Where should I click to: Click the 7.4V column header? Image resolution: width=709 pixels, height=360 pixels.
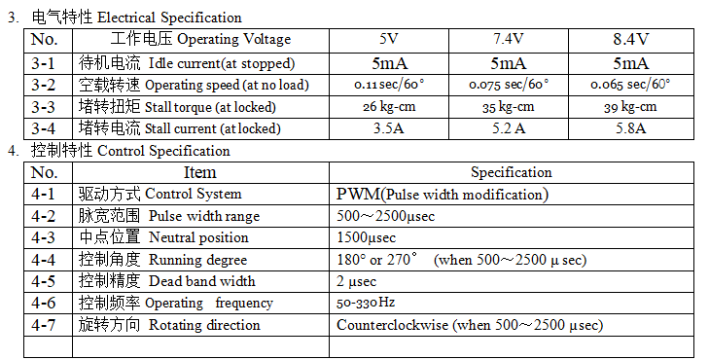508,39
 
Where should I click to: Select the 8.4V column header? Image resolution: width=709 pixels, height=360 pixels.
631,39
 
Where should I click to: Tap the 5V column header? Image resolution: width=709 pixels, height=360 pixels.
389,39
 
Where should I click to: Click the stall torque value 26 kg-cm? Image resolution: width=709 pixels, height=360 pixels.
389,107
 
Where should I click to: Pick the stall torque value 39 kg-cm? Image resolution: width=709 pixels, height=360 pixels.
630,108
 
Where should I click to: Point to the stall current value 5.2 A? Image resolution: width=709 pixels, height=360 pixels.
509,128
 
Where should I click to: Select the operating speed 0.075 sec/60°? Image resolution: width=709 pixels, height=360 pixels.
509,85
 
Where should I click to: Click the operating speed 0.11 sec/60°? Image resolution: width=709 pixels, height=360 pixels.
389,85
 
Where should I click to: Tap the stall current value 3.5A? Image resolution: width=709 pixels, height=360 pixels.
389,128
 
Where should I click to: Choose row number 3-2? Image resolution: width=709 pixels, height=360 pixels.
43,85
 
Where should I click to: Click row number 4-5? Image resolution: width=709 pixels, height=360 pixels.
43,281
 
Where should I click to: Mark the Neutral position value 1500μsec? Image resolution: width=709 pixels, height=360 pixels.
367,237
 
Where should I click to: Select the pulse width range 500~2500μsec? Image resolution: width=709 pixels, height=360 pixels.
386,216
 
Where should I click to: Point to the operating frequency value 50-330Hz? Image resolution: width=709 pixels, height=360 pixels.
366,303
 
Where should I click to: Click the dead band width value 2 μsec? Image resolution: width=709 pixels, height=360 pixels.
356,282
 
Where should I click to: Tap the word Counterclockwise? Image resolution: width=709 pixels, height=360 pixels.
393,325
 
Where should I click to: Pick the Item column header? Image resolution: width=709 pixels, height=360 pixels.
199,172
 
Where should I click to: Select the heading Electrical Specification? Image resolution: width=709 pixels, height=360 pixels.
169,18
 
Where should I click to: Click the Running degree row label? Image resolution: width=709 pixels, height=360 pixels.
198,260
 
